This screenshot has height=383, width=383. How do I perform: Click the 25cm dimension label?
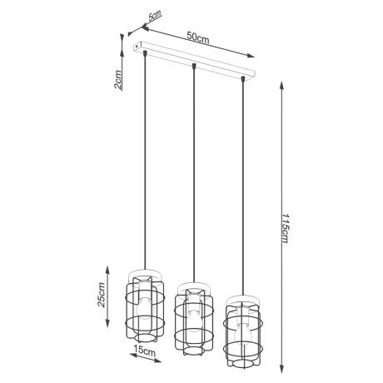pyautogui.click(x=102, y=293)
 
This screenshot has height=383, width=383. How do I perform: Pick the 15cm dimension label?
pyautogui.click(x=147, y=352)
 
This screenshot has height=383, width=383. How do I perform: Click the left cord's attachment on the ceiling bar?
pyautogui.click(x=145, y=54)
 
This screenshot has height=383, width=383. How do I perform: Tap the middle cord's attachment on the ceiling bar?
pyautogui.click(x=194, y=66)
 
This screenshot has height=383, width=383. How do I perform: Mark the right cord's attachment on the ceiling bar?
pyautogui.click(x=243, y=79)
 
